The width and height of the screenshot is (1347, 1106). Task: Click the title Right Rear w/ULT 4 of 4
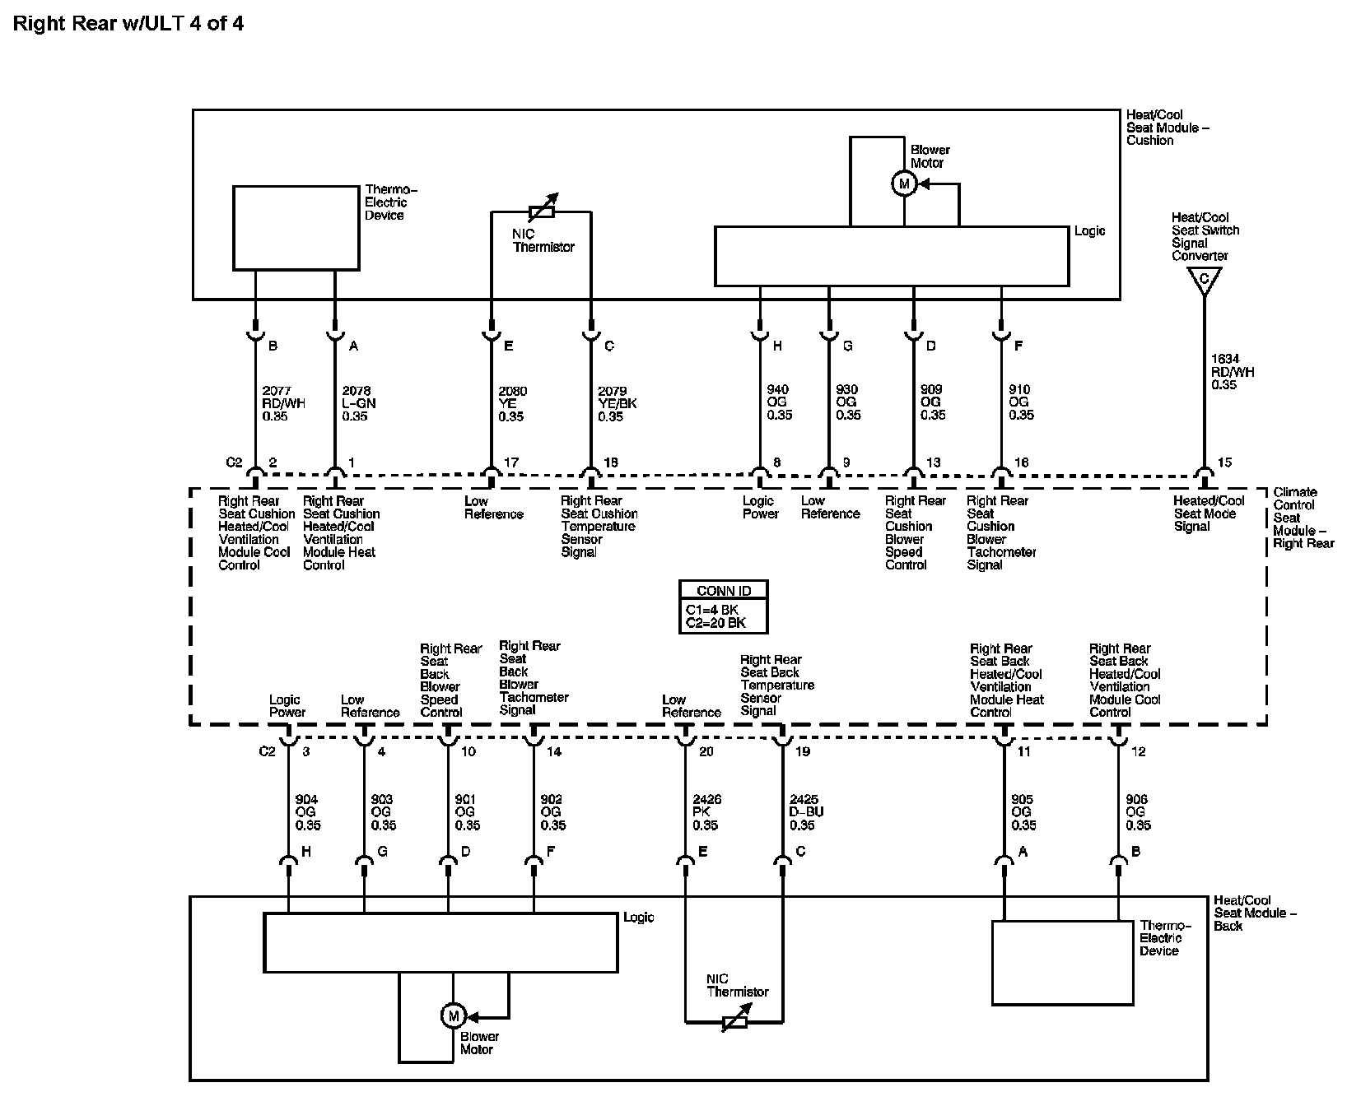click(x=128, y=23)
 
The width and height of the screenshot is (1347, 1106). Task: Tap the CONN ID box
click(x=724, y=606)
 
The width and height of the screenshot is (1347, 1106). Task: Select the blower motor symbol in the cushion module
click(x=904, y=184)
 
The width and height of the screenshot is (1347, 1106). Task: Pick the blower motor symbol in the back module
click(x=453, y=1016)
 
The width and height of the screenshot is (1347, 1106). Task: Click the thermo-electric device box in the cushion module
click(x=296, y=228)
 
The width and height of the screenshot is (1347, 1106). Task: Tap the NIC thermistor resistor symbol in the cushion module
click(x=541, y=211)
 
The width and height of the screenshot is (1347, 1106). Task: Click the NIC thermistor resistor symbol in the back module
click(x=734, y=1023)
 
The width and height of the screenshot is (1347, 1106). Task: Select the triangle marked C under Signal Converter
click(x=1204, y=280)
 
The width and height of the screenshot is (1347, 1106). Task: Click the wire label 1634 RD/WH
click(x=1233, y=372)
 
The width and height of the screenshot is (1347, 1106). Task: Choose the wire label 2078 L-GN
click(x=358, y=403)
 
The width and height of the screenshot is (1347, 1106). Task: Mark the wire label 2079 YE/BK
click(x=617, y=403)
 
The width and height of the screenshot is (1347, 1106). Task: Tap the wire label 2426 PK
click(x=706, y=812)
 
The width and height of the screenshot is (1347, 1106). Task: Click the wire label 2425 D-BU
click(x=806, y=812)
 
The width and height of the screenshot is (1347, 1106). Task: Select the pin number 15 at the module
click(x=1224, y=462)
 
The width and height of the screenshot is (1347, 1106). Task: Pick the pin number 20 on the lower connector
click(x=706, y=751)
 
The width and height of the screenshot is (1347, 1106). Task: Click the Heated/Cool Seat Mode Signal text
click(x=1210, y=513)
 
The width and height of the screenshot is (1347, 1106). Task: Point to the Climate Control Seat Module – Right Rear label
click(x=1303, y=518)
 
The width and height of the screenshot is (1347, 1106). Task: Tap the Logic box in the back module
click(x=440, y=942)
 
